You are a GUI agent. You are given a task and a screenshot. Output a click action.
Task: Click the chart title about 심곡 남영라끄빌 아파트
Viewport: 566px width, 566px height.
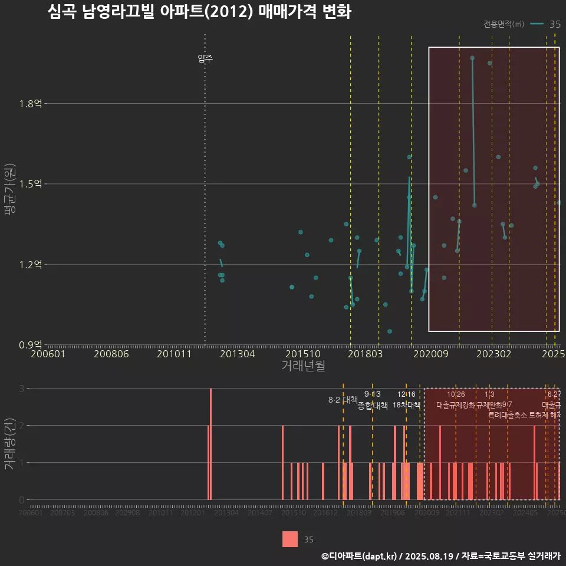[x=199, y=12]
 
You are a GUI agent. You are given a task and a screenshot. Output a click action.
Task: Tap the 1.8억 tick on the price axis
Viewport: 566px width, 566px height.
[x=30, y=104]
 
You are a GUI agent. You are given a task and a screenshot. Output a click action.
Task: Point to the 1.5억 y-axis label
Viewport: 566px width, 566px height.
[x=30, y=184]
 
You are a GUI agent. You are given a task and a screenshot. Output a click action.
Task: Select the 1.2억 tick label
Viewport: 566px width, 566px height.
[x=30, y=264]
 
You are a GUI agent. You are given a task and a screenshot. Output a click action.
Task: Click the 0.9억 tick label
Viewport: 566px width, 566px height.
[x=30, y=344]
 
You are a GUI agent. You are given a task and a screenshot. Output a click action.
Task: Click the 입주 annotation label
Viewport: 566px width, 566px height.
[x=205, y=58]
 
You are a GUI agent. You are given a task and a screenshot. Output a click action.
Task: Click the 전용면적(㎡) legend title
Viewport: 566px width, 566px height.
[x=504, y=24]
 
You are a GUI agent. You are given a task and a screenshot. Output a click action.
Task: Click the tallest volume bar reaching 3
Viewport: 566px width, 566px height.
[x=210, y=443]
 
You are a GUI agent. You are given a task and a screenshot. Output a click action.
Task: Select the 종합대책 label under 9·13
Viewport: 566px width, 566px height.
[x=373, y=406]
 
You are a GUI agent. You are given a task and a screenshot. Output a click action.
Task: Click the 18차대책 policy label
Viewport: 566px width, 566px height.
[x=406, y=405]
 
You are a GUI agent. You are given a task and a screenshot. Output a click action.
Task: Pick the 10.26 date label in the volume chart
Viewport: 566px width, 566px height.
[x=456, y=394]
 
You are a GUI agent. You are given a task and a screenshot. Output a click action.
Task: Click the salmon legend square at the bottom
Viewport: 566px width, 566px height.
[x=289, y=539]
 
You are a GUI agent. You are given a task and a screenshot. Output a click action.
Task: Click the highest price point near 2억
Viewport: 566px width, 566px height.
[x=472, y=58]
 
